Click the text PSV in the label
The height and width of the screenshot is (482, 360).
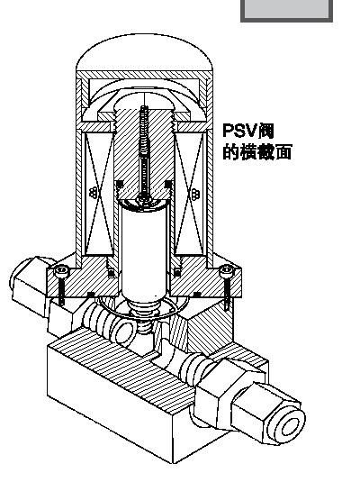click(x=239, y=131)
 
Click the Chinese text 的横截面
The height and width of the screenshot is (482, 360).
click(x=256, y=151)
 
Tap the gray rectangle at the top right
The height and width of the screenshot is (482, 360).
click(x=286, y=9)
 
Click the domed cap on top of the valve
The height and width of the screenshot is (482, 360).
click(x=144, y=52)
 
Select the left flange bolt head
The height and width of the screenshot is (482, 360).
click(x=59, y=271)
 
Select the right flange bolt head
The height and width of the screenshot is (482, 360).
click(x=226, y=270)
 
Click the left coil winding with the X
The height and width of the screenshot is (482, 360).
click(x=99, y=194)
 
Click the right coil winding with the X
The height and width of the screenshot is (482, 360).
click(x=190, y=194)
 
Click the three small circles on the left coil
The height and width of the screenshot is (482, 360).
click(x=93, y=193)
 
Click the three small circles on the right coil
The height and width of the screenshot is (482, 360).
click(x=195, y=194)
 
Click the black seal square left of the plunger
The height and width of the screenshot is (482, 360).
click(x=112, y=272)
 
